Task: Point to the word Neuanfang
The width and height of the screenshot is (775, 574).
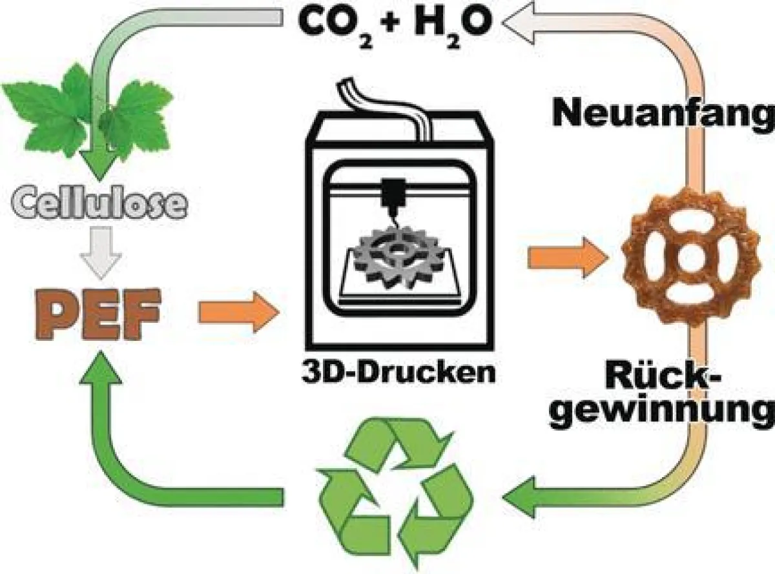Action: (x=663, y=114)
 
